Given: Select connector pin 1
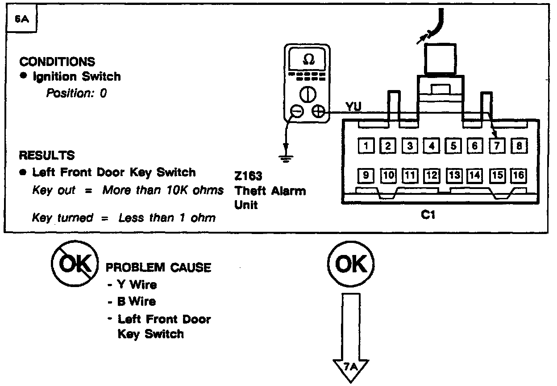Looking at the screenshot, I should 366,145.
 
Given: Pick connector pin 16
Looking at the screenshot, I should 519,175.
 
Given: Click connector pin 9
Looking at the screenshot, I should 366,175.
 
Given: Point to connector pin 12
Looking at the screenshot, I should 431,175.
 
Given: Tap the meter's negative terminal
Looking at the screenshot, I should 296,111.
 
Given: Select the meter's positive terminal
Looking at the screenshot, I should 319,111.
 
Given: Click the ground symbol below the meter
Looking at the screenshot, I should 286,157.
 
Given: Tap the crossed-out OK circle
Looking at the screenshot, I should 75,265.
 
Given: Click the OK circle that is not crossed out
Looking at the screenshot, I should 350,265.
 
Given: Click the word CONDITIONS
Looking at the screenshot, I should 57,62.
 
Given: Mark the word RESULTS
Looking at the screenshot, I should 46,156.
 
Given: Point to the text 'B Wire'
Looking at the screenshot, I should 137,302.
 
